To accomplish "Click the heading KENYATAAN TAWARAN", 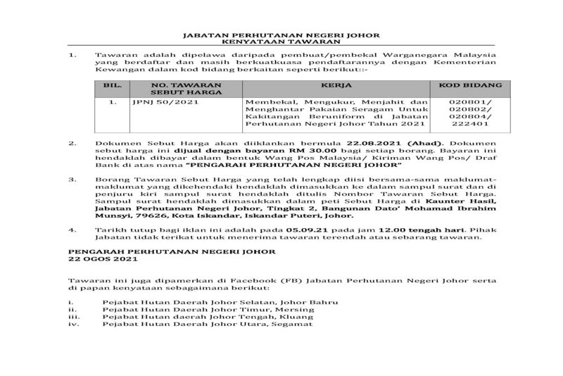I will pyautogui.click(x=281, y=42).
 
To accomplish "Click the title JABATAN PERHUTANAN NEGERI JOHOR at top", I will pyautogui.click(x=281, y=34).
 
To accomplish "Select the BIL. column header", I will pyautogui.click(x=112, y=85).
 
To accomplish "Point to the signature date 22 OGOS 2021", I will pyautogui.click(x=100, y=258).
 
